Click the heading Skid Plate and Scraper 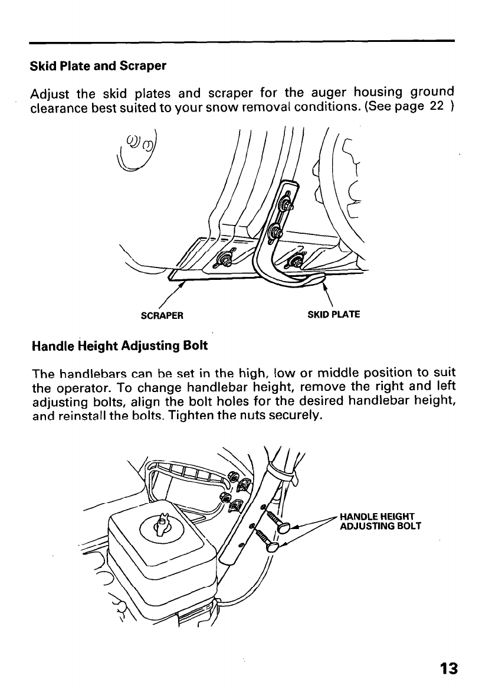click(x=98, y=66)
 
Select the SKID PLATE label click(x=334, y=315)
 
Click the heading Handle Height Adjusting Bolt click(x=119, y=345)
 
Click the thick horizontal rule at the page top click(x=242, y=41)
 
